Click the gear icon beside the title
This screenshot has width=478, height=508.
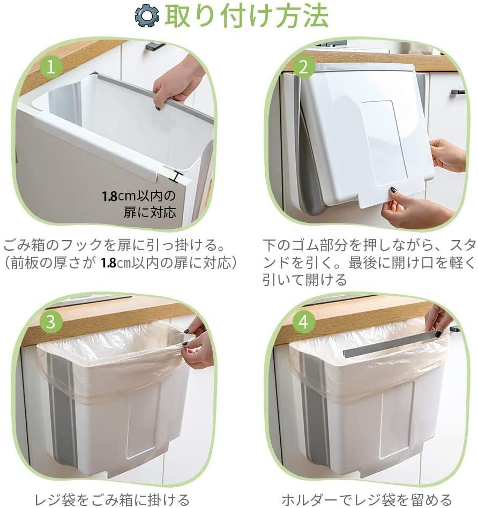click(147, 17)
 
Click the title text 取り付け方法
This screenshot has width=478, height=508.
click(246, 17)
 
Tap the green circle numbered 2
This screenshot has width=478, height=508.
click(304, 67)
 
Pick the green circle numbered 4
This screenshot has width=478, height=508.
click(304, 322)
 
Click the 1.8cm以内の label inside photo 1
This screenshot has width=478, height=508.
click(139, 196)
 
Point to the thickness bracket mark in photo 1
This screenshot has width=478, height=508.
click(175, 175)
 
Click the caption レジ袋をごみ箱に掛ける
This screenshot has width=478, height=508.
click(111, 499)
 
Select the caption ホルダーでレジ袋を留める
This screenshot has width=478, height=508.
click(367, 499)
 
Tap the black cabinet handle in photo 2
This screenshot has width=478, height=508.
click(458, 92)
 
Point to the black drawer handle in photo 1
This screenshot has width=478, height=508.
click(155, 47)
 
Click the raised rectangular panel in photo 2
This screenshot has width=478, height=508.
click(382, 144)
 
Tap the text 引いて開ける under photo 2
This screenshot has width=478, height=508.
click(304, 279)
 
